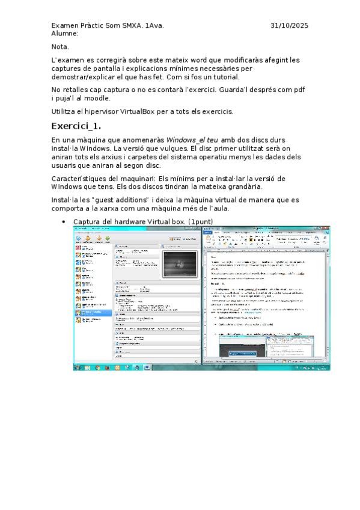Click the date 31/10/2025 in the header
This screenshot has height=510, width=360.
click(289, 25)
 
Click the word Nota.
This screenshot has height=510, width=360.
click(60, 47)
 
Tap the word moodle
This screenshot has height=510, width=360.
click(96, 97)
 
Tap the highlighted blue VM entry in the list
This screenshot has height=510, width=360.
click(93, 313)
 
